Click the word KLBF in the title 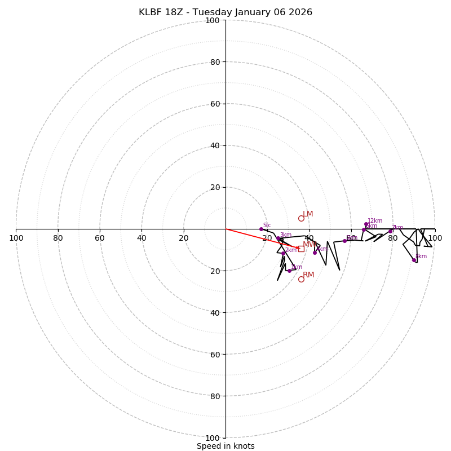click(151, 12)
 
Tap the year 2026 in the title click(300, 12)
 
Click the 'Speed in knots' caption click(225, 446)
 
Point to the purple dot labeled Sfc click(261, 229)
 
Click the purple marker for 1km click(289, 271)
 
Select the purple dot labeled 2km click(283, 253)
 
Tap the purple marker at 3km click(278, 238)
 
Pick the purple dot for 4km click(315, 253)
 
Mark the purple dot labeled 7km click(390, 231)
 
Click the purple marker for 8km click(414, 260)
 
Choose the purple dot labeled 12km click(366, 224)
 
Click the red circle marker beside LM click(301, 218)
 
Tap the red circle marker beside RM click(301, 279)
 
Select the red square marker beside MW click(301, 248)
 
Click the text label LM click(308, 214)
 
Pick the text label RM click(308, 275)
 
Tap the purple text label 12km click(375, 221)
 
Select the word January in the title click(259, 12)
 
